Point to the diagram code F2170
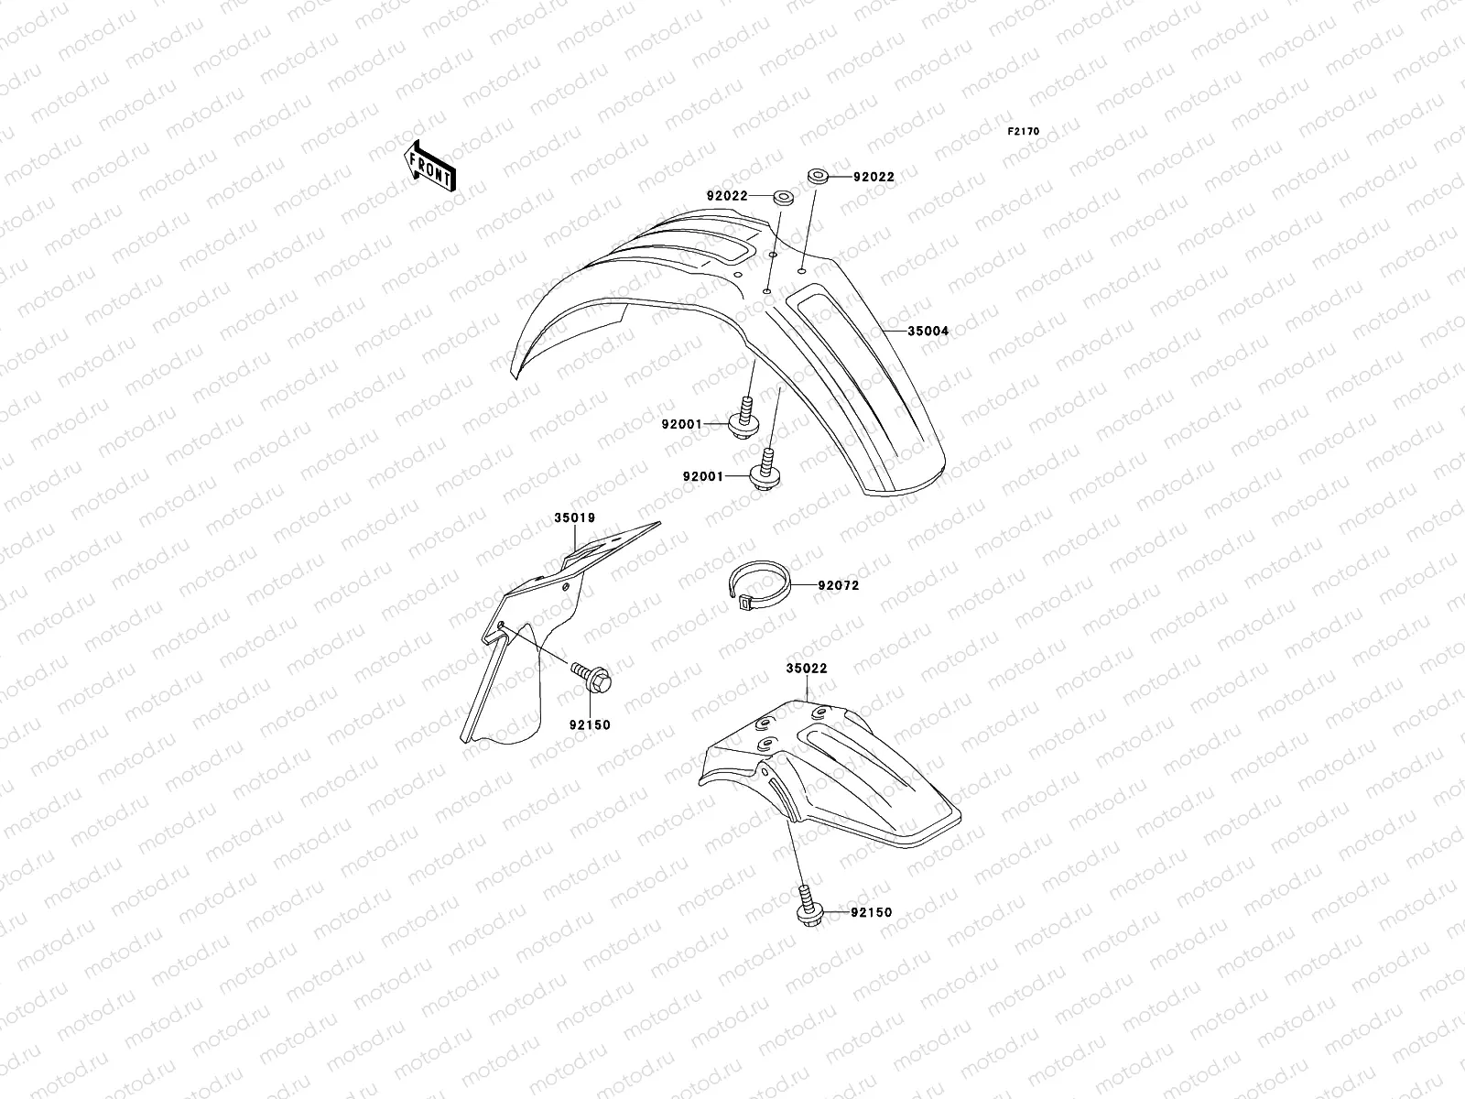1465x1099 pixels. pos(1024,132)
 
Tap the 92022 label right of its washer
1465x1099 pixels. pos(874,177)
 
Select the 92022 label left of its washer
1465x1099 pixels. pos(727,196)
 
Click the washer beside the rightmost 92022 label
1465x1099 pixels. pos(818,174)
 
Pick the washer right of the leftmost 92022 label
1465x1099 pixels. pos(783,196)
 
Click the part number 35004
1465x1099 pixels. pos(928,332)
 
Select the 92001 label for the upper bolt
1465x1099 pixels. pos(681,424)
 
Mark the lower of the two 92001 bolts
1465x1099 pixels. pos(765,469)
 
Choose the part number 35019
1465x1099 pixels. pos(575,518)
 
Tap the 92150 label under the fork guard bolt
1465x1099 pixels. pos(589,725)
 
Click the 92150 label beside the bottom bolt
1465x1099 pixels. pos(871,913)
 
